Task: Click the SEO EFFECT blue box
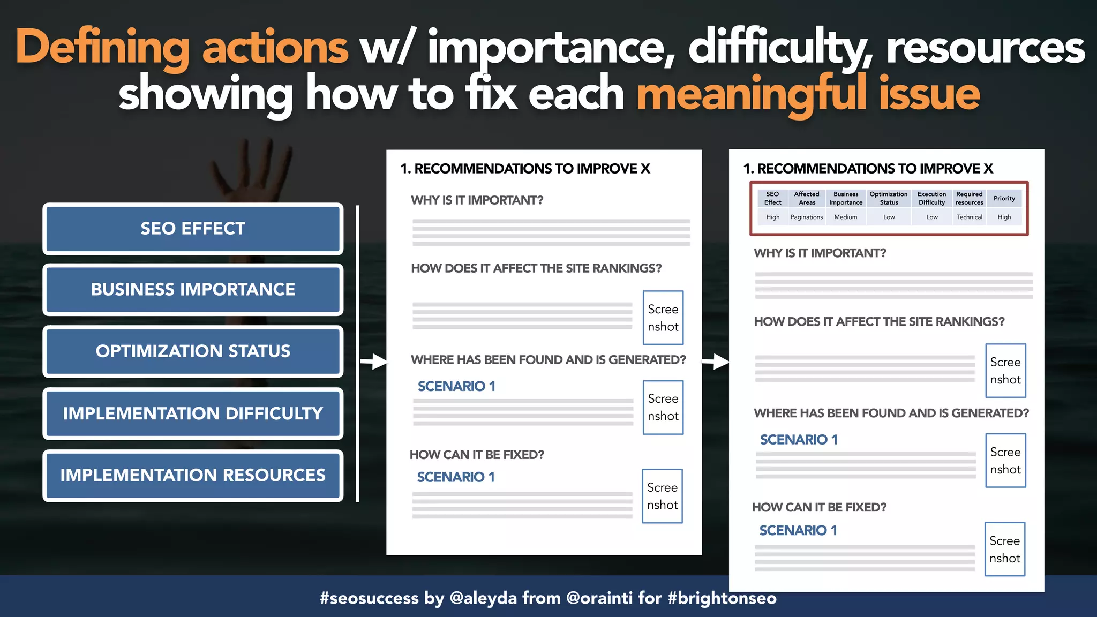pyautogui.click(x=193, y=229)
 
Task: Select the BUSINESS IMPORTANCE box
pyautogui.click(x=193, y=290)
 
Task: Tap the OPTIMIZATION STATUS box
pyautogui.click(x=193, y=351)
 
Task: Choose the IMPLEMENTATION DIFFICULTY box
pyautogui.click(x=193, y=413)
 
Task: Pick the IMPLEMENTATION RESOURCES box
pyautogui.click(x=193, y=475)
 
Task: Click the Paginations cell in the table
pyautogui.click(x=806, y=217)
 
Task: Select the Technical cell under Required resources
pyautogui.click(x=970, y=217)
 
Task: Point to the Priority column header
pyautogui.click(x=1004, y=198)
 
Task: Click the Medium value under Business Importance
pyautogui.click(x=845, y=217)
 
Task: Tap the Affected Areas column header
pyautogui.click(x=807, y=198)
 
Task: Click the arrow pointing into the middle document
pyautogui.click(x=374, y=362)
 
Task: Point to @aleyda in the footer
pyautogui.click(x=483, y=598)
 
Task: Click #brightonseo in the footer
pyautogui.click(x=722, y=598)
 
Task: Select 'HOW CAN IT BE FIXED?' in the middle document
pyautogui.click(x=477, y=455)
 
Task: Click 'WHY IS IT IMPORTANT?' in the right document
pyautogui.click(x=820, y=253)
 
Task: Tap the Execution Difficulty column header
pyautogui.click(x=931, y=198)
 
